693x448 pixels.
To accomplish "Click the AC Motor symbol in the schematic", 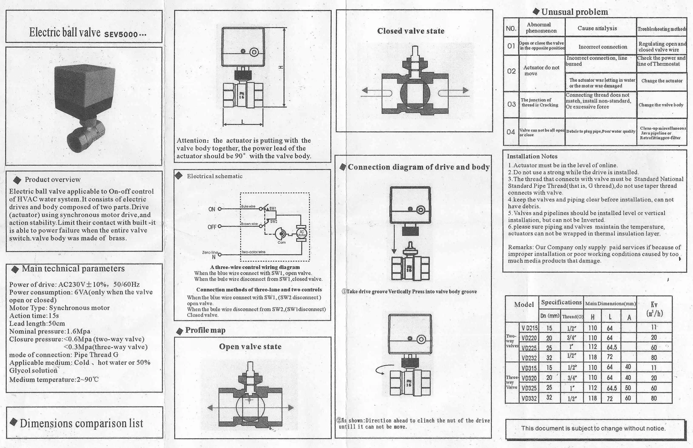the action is (301, 233).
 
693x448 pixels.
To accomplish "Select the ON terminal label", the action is (212, 209).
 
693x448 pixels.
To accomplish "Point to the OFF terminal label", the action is (212, 227).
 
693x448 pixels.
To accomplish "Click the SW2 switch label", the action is (274, 221).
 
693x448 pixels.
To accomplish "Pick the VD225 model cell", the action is (529, 348).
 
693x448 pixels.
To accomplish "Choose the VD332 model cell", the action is (529, 398).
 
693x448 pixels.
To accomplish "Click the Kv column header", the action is (654, 309).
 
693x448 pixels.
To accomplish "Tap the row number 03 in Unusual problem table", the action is (511, 104).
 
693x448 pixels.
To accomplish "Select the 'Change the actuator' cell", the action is (662, 81).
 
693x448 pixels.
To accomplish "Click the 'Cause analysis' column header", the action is (597, 28).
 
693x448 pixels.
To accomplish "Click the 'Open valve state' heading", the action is (250, 346).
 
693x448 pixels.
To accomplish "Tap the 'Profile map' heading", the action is (205, 330).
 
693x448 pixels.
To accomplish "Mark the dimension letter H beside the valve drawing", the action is (281, 67).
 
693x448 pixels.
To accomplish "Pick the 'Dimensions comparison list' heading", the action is (81, 423).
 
